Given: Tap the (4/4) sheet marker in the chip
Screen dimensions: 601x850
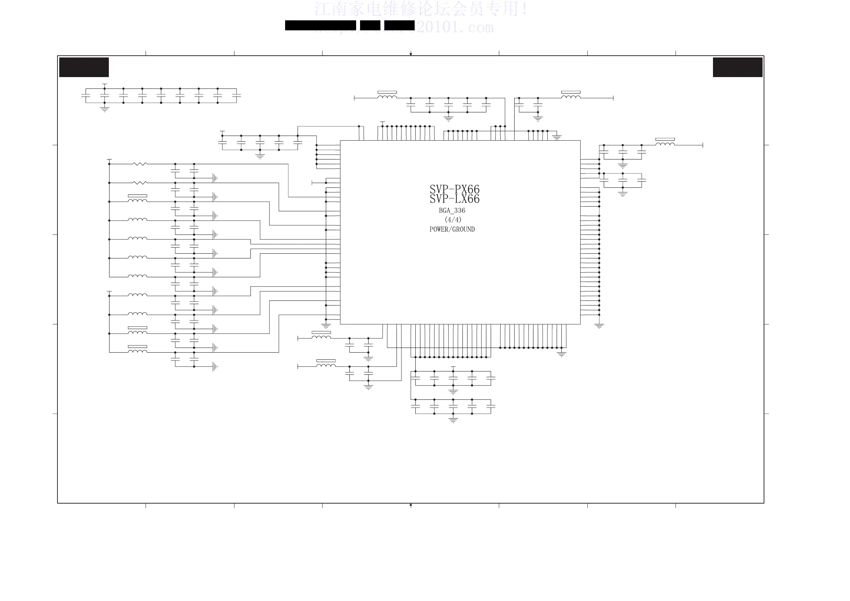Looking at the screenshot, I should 453,219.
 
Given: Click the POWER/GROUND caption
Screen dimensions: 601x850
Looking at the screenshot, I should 452,229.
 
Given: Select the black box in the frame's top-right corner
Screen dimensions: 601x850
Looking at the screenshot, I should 738,67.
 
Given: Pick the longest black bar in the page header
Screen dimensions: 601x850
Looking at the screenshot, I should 320,25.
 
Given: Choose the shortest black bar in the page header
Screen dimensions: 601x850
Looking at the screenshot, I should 370,25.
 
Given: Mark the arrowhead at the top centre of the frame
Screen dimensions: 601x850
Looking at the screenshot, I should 411,54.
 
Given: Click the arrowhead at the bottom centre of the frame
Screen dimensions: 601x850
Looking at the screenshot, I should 411,505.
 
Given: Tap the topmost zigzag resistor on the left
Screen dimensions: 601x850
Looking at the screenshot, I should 140,164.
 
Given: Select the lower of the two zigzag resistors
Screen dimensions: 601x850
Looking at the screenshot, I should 140,183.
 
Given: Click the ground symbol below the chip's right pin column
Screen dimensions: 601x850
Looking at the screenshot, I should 599,326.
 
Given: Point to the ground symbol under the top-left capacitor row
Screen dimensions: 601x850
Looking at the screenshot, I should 105,109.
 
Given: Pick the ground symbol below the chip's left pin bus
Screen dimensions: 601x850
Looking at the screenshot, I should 326,326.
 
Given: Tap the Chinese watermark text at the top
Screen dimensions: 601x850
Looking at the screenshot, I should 420,9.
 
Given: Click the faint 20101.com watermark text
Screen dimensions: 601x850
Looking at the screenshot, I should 455,27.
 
